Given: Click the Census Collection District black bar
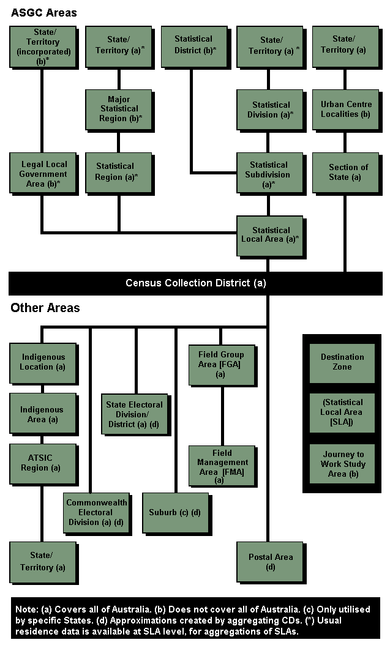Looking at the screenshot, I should click(x=195, y=283).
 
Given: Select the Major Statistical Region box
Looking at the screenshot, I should click(x=119, y=109).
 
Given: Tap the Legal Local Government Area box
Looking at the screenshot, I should click(x=42, y=174).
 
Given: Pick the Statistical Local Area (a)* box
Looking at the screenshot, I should click(x=269, y=235).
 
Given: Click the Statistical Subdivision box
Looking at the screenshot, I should click(x=269, y=174).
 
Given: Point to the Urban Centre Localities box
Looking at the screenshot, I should click(x=345, y=109).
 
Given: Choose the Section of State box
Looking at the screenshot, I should click(x=345, y=172).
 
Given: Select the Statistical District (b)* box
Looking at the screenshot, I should click(x=193, y=45).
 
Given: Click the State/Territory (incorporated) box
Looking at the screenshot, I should click(x=42, y=47).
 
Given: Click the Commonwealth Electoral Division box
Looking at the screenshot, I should click(x=97, y=513).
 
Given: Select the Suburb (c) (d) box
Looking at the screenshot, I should click(x=174, y=513).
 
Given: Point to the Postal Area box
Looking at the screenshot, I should click(x=270, y=562).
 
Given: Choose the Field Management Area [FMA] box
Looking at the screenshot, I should click(x=222, y=467).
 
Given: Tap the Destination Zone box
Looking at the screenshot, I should click(x=342, y=362).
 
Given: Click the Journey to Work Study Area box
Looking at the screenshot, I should click(x=342, y=464).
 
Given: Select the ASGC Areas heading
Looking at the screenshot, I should click(x=44, y=13).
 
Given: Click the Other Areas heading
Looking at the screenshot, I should click(x=45, y=308).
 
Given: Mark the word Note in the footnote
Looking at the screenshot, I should click(x=26, y=611).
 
